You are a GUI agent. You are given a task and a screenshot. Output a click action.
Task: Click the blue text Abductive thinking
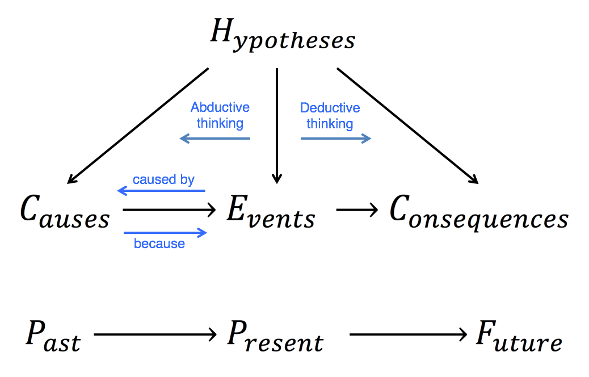[220, 115]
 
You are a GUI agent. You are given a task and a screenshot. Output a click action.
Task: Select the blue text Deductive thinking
[330, 115]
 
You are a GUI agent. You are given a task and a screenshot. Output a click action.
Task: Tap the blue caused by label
[163, 180]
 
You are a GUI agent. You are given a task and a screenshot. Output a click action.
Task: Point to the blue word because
[159, 244]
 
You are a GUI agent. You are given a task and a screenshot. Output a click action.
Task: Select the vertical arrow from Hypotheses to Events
[276, 125]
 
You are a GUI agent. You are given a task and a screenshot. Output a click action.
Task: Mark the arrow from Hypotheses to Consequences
[407, 125]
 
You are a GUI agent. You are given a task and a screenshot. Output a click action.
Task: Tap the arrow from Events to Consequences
[357, 211]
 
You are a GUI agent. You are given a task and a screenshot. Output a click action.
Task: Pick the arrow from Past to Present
[155, 335]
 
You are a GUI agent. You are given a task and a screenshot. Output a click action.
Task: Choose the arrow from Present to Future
[407, 335]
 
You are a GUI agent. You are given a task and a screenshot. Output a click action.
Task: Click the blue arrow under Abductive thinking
[215, 139]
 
